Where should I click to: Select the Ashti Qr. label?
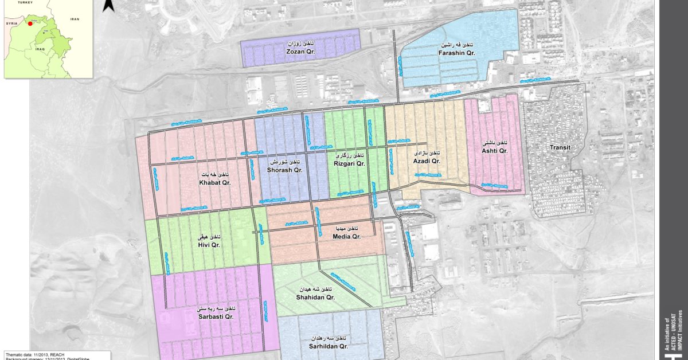[495, 150]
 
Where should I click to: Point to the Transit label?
[560, 147]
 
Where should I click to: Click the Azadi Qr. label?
[427, 162]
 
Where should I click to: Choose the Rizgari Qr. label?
[349, 163]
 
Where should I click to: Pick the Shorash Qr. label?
[284, 170]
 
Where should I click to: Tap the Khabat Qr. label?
[214, 182]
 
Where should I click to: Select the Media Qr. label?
[347, 236]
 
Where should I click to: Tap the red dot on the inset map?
[30, 24]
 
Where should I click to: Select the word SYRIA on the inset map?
[11, 24]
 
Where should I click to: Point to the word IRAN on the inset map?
[74, 19]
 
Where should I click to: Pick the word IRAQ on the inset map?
[39, 49]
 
